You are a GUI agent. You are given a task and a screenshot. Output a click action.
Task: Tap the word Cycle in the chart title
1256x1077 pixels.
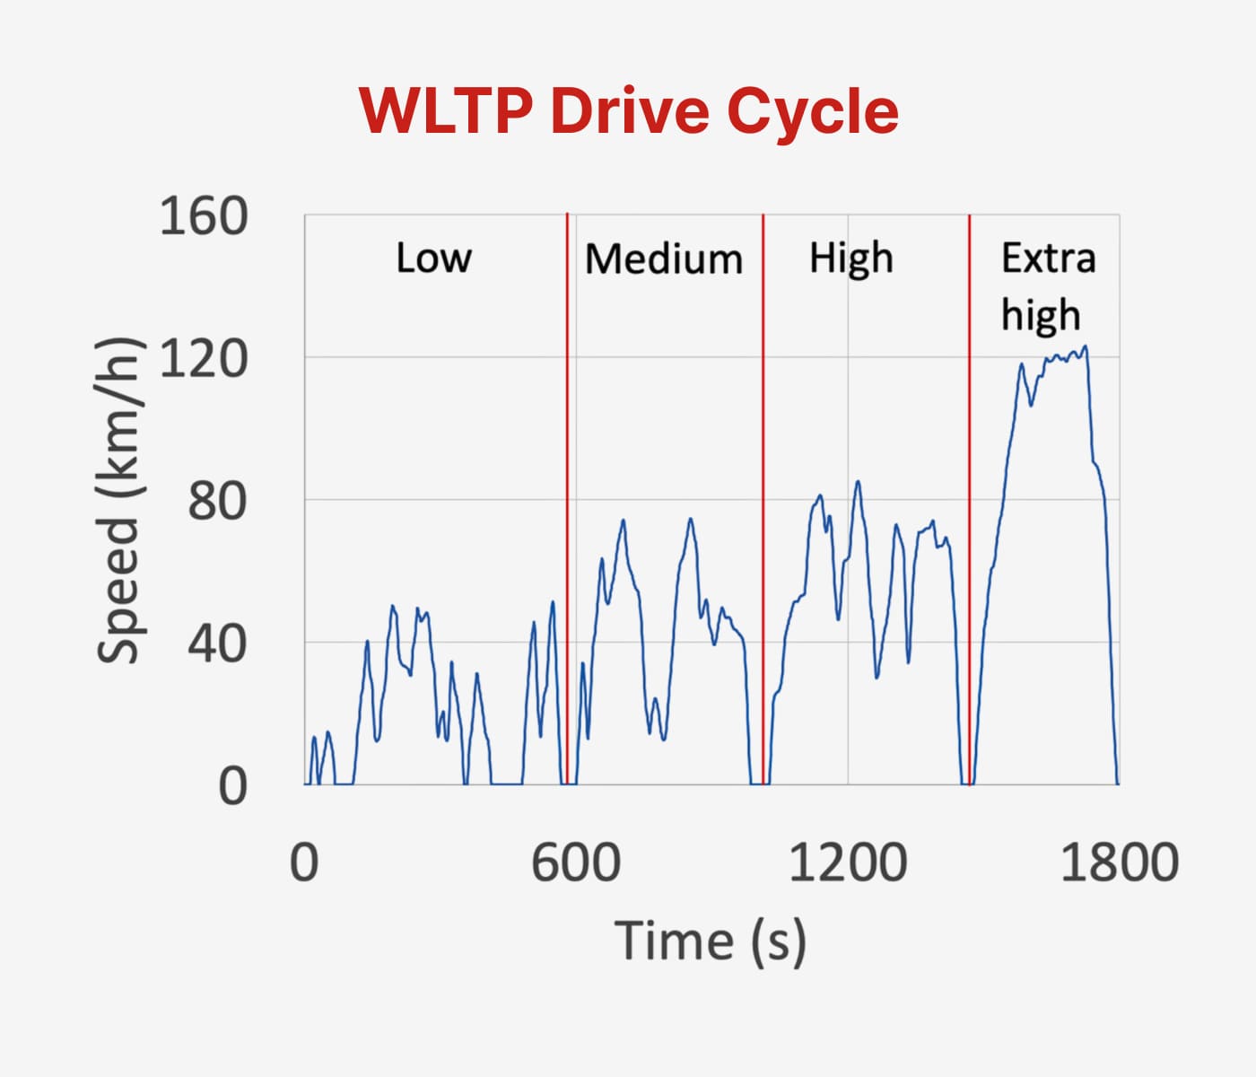point(812,110)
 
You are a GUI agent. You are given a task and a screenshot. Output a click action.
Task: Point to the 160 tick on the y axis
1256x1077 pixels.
point(203,217)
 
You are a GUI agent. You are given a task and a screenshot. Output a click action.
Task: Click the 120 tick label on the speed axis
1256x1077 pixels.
point(203,359)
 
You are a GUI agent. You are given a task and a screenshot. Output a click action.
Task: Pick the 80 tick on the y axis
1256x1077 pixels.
point(216,501)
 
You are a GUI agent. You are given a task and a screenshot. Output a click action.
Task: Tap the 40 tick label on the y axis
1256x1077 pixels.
point(216,644)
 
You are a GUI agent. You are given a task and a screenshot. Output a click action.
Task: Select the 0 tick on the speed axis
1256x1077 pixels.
point(231,786)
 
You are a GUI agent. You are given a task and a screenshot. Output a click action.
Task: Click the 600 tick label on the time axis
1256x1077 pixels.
point(575,862)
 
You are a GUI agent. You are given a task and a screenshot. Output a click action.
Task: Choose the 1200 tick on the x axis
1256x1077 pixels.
point(848,862)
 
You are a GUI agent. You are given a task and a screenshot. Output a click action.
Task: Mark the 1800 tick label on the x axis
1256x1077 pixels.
point(1119,862)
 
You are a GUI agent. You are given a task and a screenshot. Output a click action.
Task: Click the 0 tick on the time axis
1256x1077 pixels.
point(304,862)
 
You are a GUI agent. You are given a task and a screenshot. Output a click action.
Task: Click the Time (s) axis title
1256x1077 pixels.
point(711,941)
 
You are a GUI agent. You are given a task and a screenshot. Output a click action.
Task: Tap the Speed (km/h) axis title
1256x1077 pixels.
point(118,500)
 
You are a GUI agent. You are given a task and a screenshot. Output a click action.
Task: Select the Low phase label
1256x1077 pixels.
point(433,258)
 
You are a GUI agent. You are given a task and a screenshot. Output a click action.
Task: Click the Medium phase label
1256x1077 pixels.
point(664,259)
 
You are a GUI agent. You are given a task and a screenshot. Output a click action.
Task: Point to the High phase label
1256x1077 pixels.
point(851,259)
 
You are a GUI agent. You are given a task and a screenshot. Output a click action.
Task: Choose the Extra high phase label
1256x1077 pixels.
point(1048,286)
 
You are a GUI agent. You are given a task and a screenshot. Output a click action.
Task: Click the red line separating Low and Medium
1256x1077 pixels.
point(567,449)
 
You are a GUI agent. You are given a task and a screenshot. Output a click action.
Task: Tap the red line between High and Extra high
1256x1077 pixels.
point(969,449)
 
